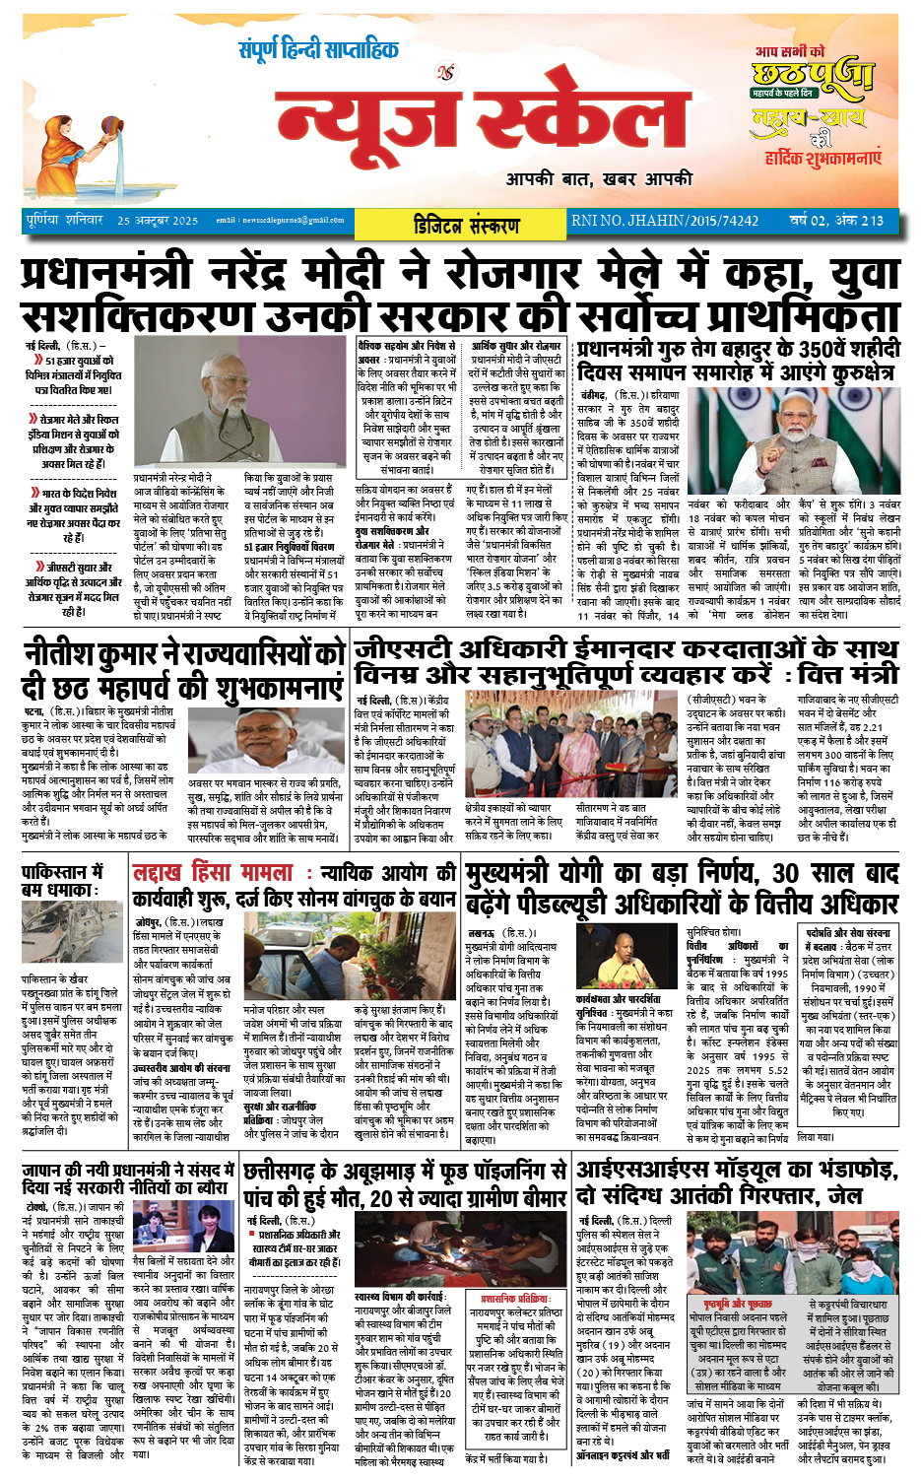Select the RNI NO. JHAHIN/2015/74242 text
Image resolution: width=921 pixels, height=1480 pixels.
coord(665,221)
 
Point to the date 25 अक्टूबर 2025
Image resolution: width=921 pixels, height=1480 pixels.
coord(158,221)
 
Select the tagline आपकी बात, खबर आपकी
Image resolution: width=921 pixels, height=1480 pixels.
coord(599,178)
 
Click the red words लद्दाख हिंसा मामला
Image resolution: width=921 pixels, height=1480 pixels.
coord(213,873)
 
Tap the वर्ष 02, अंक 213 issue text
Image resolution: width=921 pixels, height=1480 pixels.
coord(835,221)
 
